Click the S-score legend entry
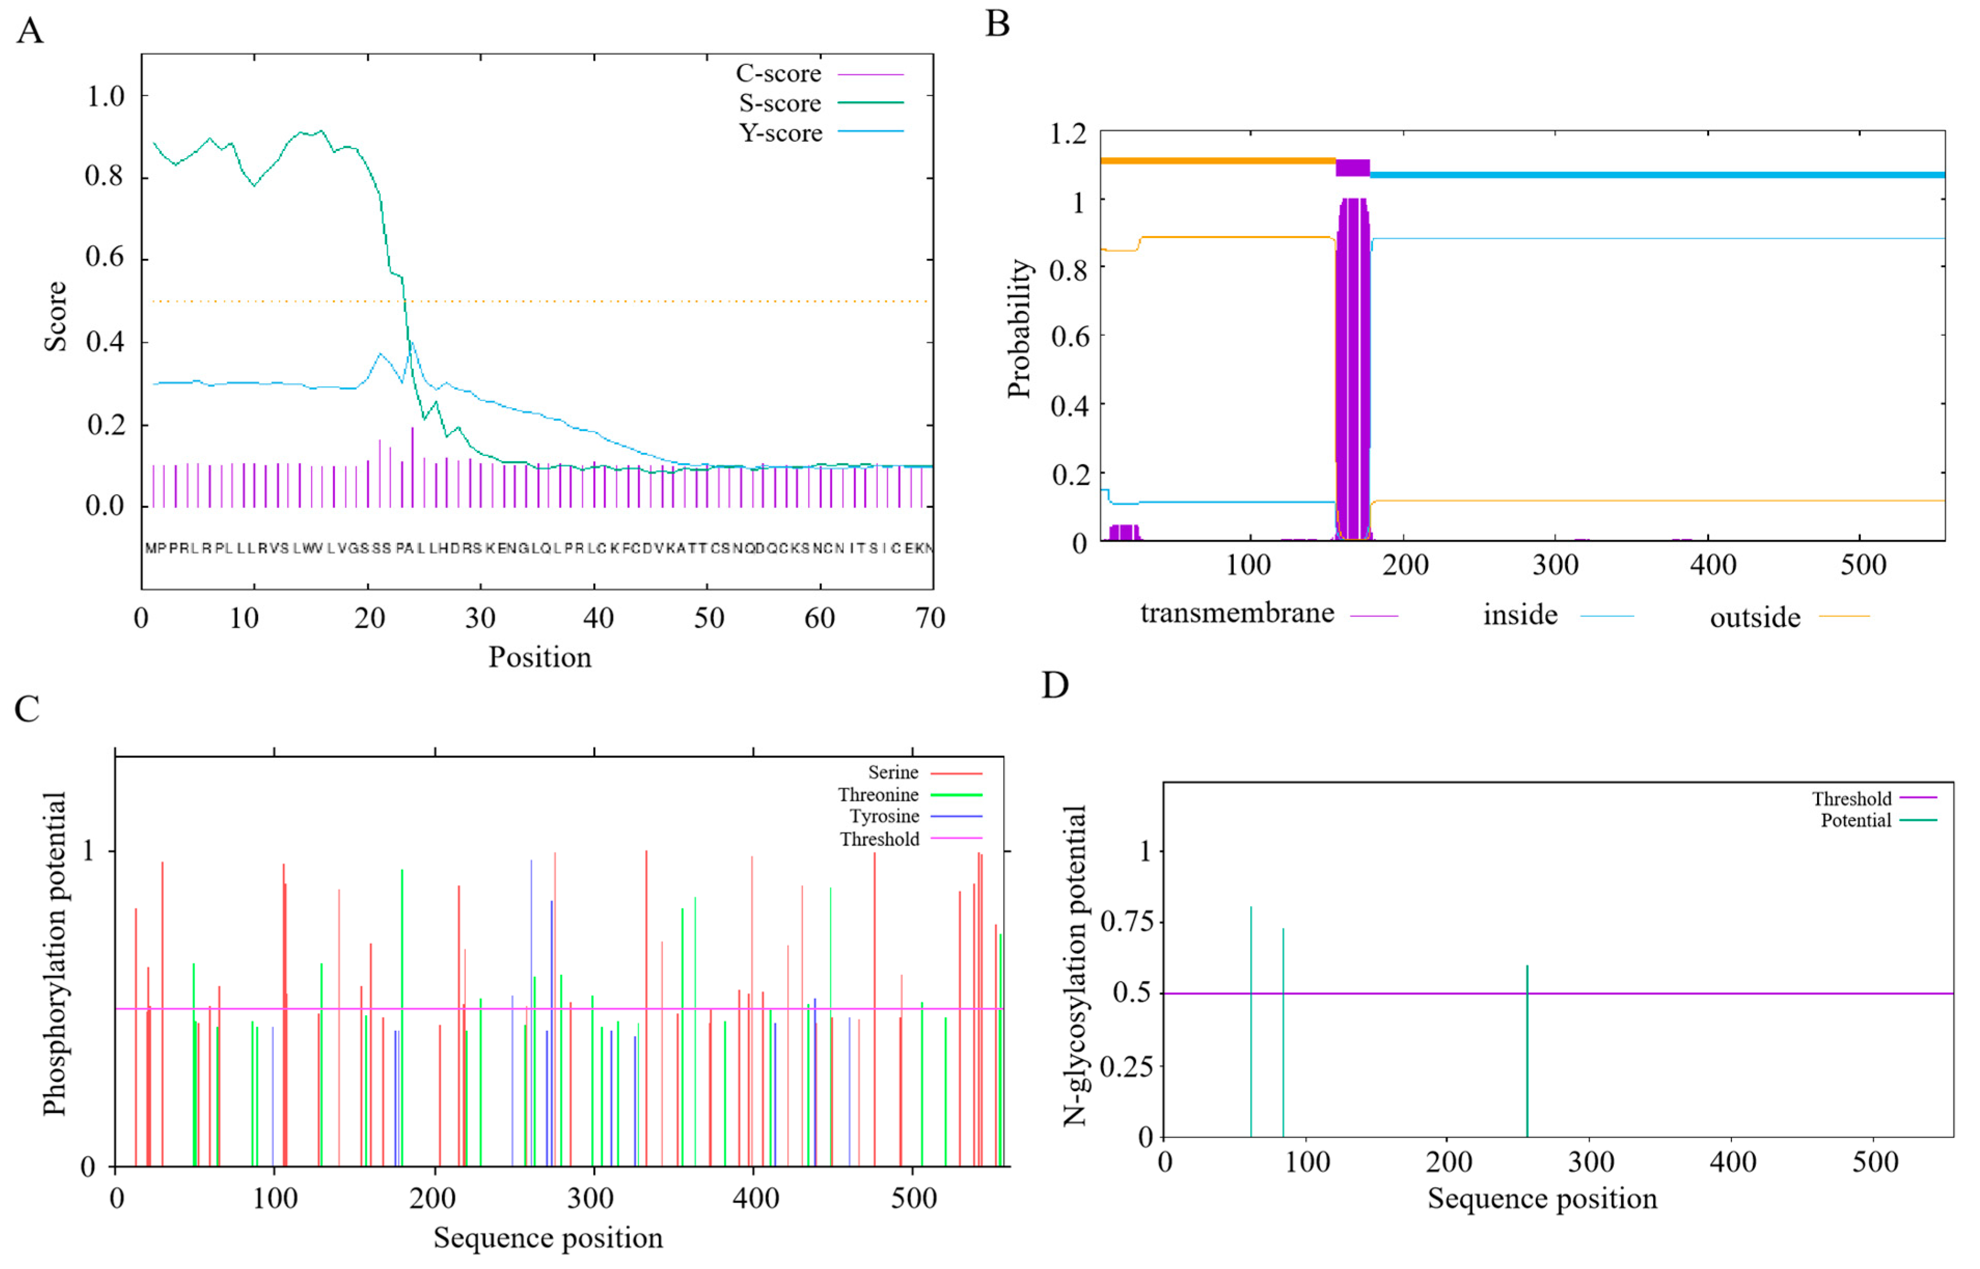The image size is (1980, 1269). point(779,104)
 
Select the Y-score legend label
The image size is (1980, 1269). point(779,133)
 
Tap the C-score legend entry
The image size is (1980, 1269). point(778,74)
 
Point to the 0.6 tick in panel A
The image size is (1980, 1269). point(105,257)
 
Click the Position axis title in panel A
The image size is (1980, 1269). point(540,657)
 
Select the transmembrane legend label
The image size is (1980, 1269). point(1237,614)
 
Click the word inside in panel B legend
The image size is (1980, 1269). point(1520,615)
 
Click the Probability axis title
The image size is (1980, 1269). point(1019,329)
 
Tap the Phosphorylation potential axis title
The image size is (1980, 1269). point(54,954)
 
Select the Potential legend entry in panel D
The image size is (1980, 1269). point(1855,821)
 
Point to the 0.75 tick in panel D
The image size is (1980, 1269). point(1126,921)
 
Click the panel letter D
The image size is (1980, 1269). point(1055,685)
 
